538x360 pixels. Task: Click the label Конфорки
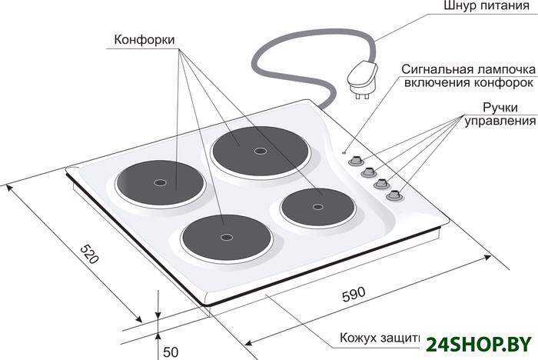tap(143, 39)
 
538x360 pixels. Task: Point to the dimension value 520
tap(91, 254)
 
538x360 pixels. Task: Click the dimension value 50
tap(171, 352)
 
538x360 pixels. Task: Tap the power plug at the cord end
tap(361, 77)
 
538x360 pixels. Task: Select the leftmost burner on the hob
tap(159, 183)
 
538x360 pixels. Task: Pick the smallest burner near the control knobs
tap(317, 206)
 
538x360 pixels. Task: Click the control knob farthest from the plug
tap(394, 195)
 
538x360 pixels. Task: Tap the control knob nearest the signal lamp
tap(355, 161)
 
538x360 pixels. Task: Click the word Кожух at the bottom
tap(359, 338)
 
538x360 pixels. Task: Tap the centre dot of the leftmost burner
tap(159, 183)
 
